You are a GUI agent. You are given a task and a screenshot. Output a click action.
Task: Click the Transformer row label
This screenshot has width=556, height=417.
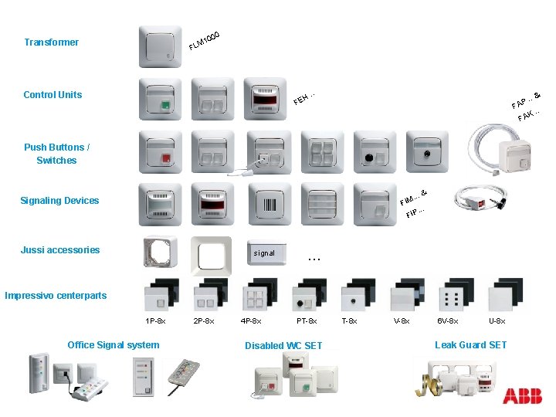tap(51, 42)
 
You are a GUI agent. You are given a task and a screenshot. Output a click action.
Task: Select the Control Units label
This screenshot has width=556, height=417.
tap(53, 95)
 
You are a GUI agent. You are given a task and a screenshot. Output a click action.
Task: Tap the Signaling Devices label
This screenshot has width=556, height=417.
tap(59, 201)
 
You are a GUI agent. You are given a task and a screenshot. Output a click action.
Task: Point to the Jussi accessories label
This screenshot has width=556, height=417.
tap(60, 249)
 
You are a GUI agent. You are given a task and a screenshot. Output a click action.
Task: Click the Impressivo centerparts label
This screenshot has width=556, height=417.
tap(56, 295)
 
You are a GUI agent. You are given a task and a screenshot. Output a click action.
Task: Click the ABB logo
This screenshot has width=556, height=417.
tap(522, 396)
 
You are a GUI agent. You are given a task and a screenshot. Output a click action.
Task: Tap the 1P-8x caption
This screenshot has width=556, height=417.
tap(155, 320)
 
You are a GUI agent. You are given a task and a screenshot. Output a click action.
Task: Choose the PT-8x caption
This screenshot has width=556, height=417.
tap(307, 320)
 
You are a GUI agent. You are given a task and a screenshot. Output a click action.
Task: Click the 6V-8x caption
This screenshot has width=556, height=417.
tap(448, 320)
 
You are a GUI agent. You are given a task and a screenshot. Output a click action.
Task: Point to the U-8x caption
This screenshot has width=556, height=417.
tap(497, 320)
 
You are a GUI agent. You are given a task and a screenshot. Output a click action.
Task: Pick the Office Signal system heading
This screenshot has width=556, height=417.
tap(114, 344)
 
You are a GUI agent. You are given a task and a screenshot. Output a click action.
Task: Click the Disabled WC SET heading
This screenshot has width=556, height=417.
tap(283, 345)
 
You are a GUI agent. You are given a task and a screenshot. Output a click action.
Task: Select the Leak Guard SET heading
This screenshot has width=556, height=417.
tap(470, 344)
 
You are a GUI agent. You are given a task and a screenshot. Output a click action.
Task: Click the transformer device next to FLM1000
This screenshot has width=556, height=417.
tap(161, 47)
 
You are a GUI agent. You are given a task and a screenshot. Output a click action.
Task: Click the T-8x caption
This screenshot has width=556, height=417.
tap(351, 320)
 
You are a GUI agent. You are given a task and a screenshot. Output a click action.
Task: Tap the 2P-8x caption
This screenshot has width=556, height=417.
tap(204, 320)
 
